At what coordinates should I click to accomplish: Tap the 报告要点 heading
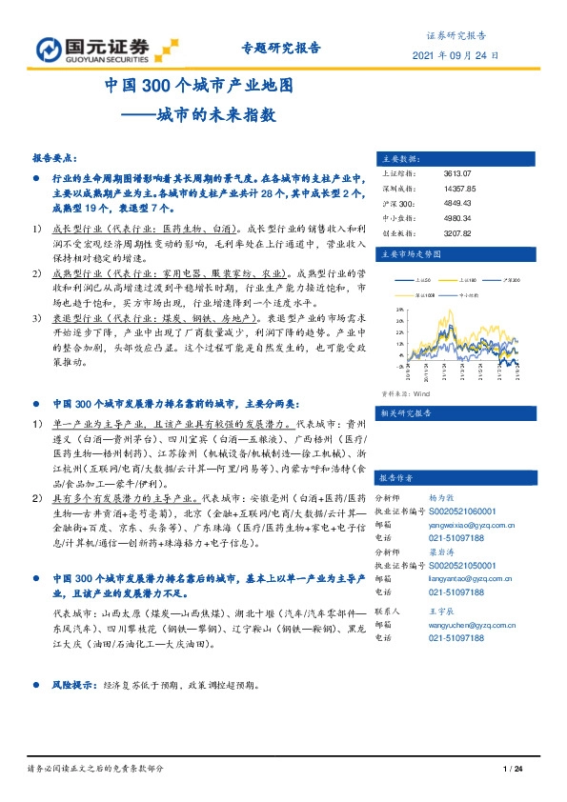click(56, 159)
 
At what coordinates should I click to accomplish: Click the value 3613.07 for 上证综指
click(456, 174)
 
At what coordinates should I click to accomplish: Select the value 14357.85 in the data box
click(459, 189)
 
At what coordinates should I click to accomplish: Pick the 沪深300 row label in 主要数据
click(392, 203)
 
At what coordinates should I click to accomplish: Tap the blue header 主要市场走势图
click(411, 254)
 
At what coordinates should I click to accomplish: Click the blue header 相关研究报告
click(407, 413)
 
